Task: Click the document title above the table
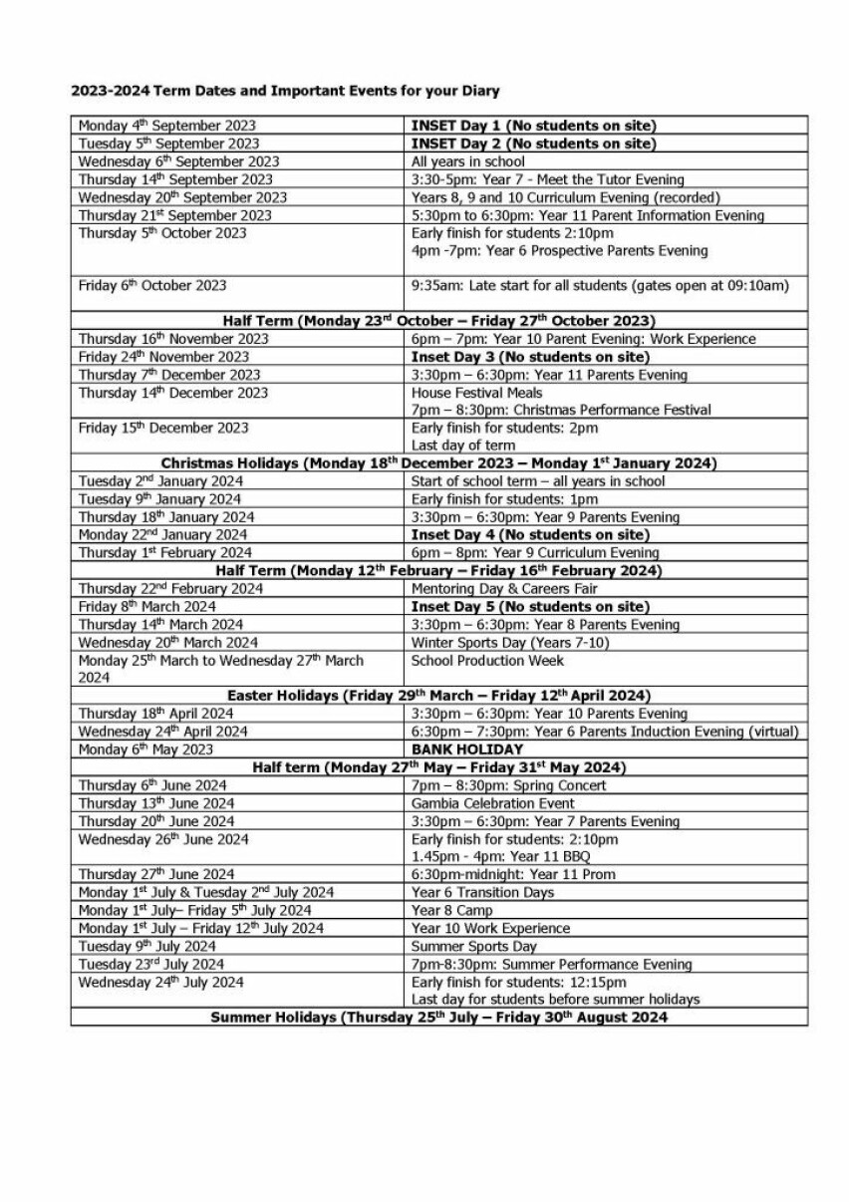point(285,91)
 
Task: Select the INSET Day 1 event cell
point(533,126)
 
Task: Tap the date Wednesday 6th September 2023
point(178,161)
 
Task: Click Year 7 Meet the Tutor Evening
point(547,179)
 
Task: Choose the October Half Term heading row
point(438,321)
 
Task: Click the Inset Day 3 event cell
point(530,357)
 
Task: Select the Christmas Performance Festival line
point(561,410)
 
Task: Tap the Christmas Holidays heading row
point(438,463)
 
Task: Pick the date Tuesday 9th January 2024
point(159,499)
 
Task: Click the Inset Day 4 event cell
point(530,535)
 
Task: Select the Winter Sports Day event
point(509,642)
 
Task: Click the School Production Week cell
point(487,660)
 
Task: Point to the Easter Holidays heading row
point(438,695)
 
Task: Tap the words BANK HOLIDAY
point(466,749)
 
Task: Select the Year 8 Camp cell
point(451,910)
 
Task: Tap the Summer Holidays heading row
point(438,1018)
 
